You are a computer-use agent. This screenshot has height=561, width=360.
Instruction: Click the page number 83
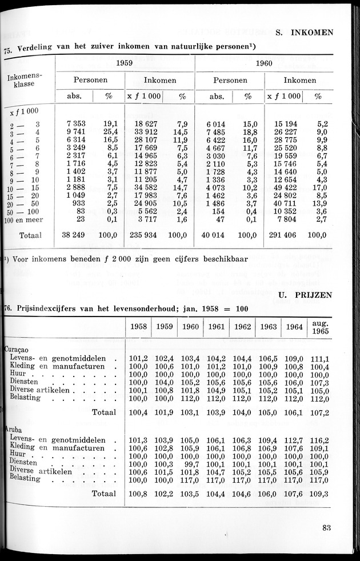pyautogui.click(x=326, y=528)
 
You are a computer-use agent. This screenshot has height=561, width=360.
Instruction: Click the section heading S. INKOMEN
pyautogui.click(x=305, y=33)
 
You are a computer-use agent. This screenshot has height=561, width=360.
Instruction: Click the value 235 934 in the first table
pyautogui.click(x=143, y=235)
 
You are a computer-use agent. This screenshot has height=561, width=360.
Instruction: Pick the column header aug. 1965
pyautogui.click(x=321, y=327)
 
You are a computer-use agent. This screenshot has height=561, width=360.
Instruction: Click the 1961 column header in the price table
pyautogui.click(x=217, y=327)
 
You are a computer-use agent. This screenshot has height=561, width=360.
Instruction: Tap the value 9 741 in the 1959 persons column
pyautogui.click(x=77, y=132)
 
